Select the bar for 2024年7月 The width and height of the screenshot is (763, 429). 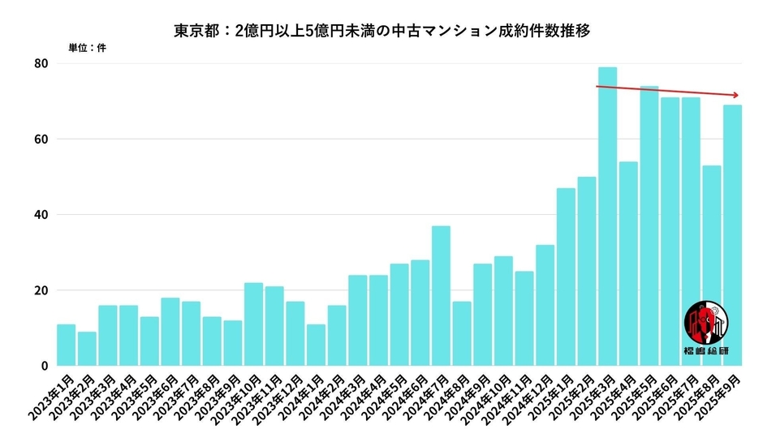click(441, 296)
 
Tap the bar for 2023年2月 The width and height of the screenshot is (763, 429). click(87, 349)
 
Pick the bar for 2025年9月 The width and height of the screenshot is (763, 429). click(732, 235)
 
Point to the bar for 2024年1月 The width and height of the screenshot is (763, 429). click(316, 345)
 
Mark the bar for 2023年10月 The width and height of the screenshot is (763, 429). click(253, 324)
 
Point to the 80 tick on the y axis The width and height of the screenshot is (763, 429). click(40, 63)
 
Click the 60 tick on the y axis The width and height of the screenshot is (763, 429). click(40, 139)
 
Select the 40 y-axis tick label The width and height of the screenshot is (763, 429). click(40, 215)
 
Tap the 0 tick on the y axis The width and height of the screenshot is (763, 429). click(44, 367)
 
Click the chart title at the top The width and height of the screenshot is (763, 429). click(381, 30)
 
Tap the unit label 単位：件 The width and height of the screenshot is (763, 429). click(84, 48)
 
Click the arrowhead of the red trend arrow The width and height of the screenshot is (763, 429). click(736, 95)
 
